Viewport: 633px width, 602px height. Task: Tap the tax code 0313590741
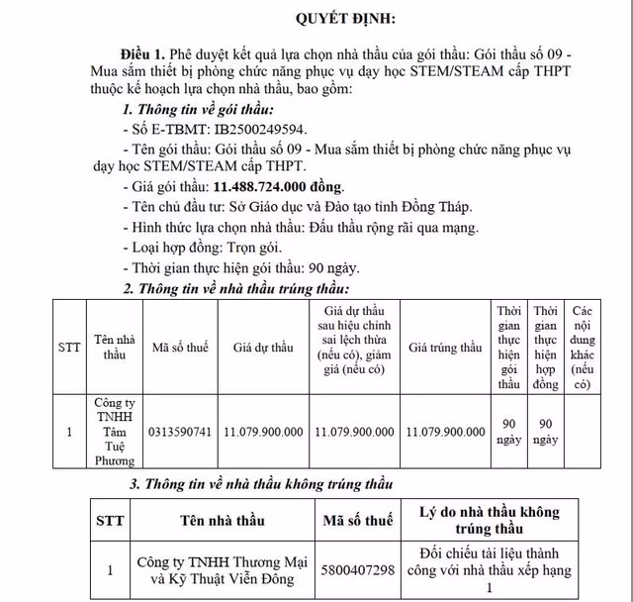tap(180, 433)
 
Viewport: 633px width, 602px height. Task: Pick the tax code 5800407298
tap(358, 569)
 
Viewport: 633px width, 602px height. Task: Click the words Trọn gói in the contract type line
tap(258, 248)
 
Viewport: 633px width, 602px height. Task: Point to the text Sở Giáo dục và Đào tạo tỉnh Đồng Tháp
tap(360, 207)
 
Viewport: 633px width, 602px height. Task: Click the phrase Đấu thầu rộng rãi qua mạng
tap(393, 227)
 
